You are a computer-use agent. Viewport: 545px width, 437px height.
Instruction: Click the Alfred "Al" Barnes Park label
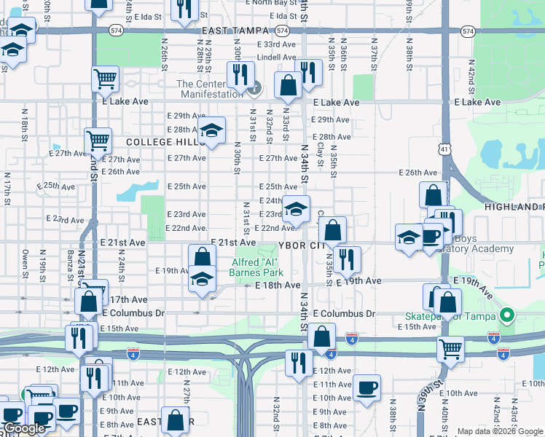(256, 267)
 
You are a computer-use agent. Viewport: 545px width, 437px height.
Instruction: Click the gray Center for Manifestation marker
(254, 91)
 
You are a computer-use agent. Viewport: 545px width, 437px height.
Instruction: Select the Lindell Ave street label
(276, 57)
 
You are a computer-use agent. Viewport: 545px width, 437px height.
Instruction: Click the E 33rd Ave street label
(276, 44)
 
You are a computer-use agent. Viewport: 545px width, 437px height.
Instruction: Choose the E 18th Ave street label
(278, 286)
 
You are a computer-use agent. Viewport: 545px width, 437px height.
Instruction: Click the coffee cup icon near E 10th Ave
(366, 388)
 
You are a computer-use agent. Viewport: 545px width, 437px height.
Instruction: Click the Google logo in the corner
(24, 429)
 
